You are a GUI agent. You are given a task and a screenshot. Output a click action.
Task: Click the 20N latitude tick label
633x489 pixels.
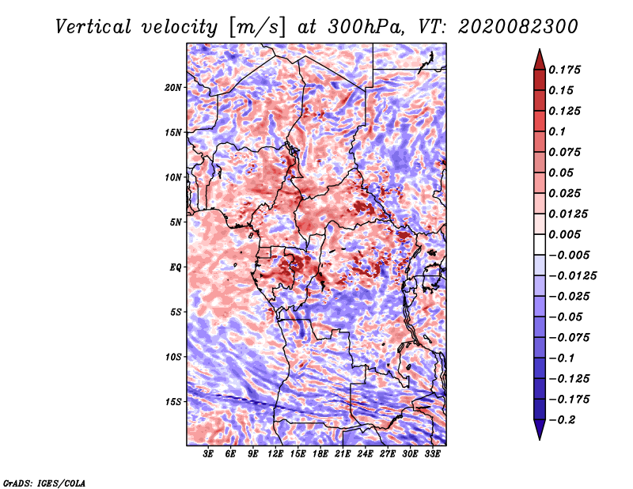coord(173,88)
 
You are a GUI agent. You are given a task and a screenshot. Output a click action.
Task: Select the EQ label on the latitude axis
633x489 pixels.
coord(176,267)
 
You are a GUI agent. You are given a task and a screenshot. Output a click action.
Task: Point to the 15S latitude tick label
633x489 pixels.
coord(173,402)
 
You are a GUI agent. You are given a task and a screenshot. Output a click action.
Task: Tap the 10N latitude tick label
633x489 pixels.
coord(173,177)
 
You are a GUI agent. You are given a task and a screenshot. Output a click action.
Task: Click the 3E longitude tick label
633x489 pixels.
coord(208,454)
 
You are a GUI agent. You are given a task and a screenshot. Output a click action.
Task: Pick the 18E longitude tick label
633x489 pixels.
coord(320,454)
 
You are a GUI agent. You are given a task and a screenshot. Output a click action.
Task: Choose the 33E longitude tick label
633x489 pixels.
coord(432,454)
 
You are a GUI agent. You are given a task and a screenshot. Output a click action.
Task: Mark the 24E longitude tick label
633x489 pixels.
coord(365,454)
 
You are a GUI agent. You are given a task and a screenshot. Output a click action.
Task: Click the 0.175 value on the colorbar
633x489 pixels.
coord(564,70)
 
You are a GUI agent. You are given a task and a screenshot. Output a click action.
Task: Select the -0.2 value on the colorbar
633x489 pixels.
coord(562,420)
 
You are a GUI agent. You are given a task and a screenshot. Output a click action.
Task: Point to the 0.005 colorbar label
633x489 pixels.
coord(564,234)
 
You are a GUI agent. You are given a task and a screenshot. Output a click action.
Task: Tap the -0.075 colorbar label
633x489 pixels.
coord(569,338)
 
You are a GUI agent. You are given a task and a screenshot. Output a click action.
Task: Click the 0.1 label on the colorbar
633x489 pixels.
coord(557,131)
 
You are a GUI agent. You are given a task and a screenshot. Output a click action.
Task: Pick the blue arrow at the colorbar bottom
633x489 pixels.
coord(540,429)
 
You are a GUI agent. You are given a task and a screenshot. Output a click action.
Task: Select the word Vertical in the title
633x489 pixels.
coord(93,27)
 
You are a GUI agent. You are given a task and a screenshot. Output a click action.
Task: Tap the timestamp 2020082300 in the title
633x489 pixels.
coord(518,27)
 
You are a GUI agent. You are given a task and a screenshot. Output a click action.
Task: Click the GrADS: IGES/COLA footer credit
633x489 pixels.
coord(44,483)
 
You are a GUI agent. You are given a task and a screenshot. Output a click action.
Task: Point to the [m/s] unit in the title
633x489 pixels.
coord(257,28)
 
